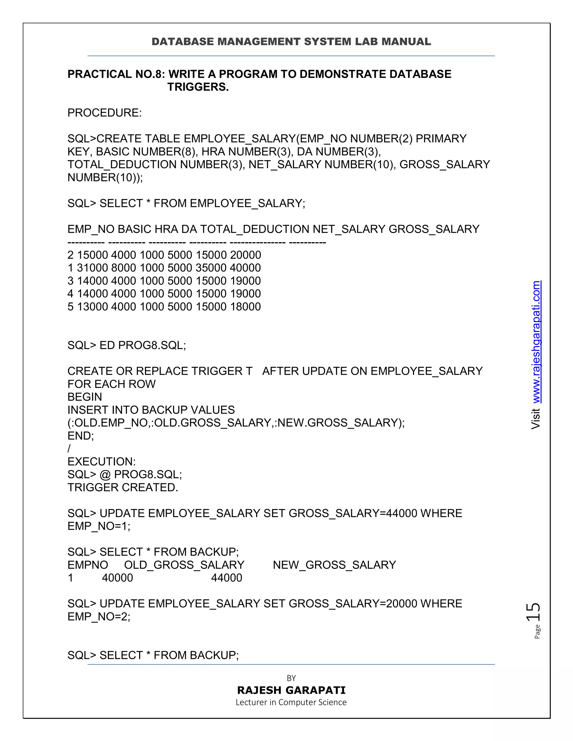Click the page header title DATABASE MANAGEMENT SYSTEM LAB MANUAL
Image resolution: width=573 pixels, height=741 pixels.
[x=291, y=42]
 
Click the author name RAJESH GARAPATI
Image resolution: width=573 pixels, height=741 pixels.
[x=291, y=690]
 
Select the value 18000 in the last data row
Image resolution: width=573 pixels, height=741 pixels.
[x=245, y=307]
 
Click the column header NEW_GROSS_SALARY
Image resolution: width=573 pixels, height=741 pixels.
[x=334, y=565]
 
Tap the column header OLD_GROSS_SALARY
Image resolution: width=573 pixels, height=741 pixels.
[x=184, y=565]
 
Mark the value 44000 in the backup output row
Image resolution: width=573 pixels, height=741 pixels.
[x=226, y=578]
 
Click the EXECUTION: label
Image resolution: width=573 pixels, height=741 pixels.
[x=102, y=462]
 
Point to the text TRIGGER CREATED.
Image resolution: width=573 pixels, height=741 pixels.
[x=123, y=488]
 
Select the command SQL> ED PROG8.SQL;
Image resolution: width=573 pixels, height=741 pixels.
[x=127, y=345]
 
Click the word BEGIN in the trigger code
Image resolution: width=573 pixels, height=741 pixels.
[x=84, y=397]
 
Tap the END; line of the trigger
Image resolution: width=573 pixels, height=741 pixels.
[x=81, y=436]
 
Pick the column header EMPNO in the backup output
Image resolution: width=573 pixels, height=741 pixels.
[x=88, y=565]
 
